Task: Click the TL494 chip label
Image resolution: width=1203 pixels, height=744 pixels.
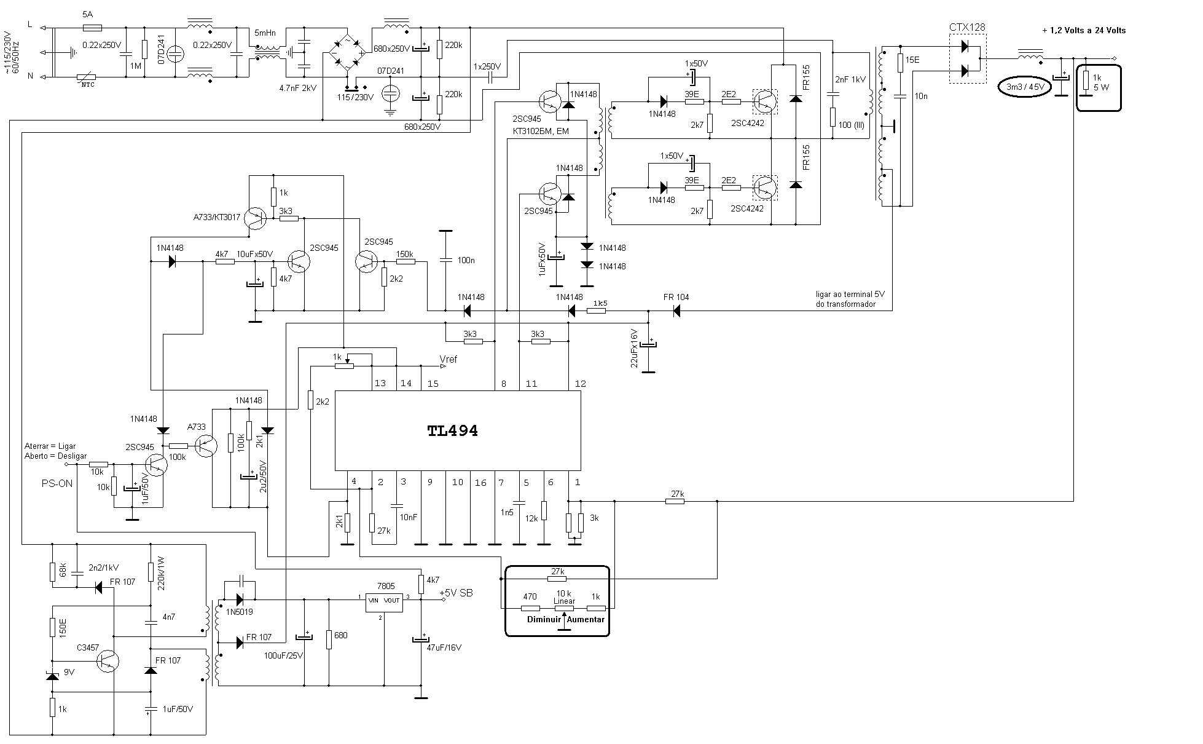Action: point(453,431)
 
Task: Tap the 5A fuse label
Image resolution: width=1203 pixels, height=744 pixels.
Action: point(87,13)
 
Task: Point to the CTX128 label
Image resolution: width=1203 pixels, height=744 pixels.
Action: point(967,27)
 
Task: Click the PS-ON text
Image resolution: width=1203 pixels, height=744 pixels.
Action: point(57,484)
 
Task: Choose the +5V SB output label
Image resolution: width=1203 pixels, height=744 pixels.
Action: point(456,593)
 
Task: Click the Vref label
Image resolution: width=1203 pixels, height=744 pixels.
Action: point(449,359)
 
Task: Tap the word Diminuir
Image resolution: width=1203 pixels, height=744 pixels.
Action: point(544,619)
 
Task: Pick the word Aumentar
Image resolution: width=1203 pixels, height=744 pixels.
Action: point(586,619)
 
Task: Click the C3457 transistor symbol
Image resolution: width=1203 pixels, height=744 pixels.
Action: point(108,661)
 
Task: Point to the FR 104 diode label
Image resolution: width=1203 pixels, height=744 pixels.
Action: point(676,298)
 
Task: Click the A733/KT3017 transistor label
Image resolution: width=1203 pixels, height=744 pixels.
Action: point(217,217)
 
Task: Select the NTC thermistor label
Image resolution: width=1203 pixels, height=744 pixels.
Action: point(88,85)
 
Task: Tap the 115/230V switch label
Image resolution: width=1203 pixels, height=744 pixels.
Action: point(356,97)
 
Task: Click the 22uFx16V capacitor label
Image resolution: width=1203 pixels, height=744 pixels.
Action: point(635,349)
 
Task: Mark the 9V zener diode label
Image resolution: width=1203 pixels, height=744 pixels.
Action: point(69,673)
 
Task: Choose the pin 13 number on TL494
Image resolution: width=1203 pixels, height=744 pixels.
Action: point(380,384)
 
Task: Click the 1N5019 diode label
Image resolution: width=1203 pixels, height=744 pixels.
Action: point(239,612)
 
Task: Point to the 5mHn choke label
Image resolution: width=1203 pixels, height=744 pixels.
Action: point(265,33)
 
